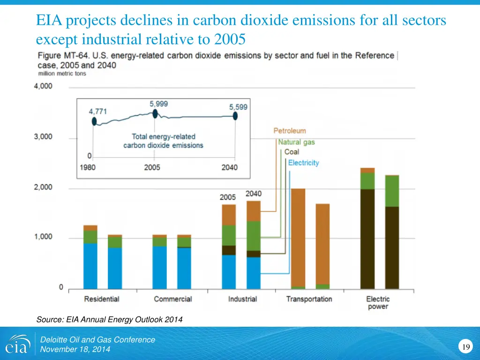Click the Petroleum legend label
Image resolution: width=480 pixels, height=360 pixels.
click(x=289, y=131)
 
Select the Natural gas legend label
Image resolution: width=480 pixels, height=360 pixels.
click(x=296, y=142)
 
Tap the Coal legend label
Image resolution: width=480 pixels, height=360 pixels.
click(x=292, y=152)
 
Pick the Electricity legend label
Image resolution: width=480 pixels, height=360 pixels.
click(x=303, y=163)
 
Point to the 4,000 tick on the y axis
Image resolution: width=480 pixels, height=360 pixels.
click(x=43, y=87)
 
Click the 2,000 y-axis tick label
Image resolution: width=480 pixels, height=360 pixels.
click(x=43, y=187)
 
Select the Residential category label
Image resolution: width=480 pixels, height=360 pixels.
click(x=102, y=299)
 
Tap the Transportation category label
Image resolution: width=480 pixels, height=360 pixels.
click(x=309, y=299)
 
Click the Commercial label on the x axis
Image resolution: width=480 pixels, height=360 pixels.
click(x=172, y=299)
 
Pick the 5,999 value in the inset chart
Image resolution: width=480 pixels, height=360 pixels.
click(x=159, y=104)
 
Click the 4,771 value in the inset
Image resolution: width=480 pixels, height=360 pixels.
click(x=98, y=112)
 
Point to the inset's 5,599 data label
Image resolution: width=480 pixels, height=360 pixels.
click(x=238, y=107)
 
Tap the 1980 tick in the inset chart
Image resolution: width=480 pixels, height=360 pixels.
click(x=88, y=167)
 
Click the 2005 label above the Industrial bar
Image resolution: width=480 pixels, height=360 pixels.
click(x=228, y=197)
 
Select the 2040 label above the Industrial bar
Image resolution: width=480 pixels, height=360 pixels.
click(x=254, y=194)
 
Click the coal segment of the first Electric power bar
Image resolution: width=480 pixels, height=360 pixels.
click(x=367, y=239)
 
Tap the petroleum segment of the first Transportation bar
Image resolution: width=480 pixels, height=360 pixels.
click(x=298, y=237)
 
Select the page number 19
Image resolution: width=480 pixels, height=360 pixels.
click(x=465, y=347)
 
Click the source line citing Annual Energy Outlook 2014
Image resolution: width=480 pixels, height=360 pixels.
click(x=109, y=320)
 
